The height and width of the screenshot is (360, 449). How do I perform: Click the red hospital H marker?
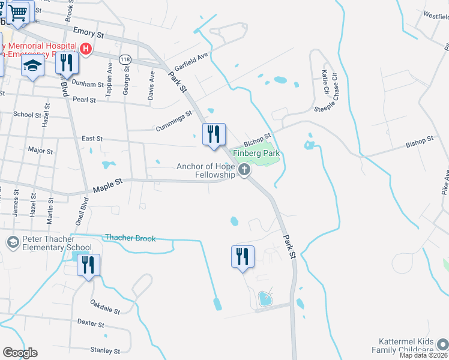(x=86, y=49)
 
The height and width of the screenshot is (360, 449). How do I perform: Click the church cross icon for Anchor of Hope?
(x=244, y=170)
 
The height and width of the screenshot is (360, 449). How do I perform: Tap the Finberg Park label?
(x=256, y=154)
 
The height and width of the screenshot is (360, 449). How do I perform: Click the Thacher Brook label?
(x=130, y=238)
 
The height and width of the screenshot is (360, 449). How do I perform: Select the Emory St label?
(x=88, y=31)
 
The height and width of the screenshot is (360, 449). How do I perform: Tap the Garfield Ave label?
(x=190, y=62)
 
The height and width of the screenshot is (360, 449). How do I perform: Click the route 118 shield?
(x=125, y=59)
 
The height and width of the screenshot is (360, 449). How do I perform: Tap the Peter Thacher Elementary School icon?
(x=12, y=242)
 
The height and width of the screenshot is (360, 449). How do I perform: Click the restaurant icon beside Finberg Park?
(x=213, y=134)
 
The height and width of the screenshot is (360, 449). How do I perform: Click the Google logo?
(x=20, y=353)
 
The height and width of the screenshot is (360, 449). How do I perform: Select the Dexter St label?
(x=91, y=323)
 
